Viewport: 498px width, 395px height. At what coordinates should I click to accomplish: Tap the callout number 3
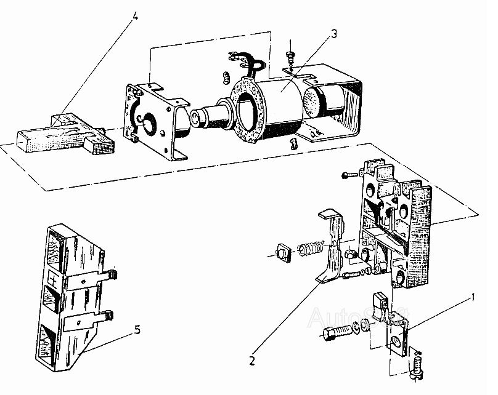[x=333, y=33]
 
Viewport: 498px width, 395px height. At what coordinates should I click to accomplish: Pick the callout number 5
[x=137, y=330]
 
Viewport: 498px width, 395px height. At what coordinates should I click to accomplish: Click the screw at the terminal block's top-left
[x=348, y=175]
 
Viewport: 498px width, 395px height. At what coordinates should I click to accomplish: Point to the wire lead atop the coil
[x=243, y=60]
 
